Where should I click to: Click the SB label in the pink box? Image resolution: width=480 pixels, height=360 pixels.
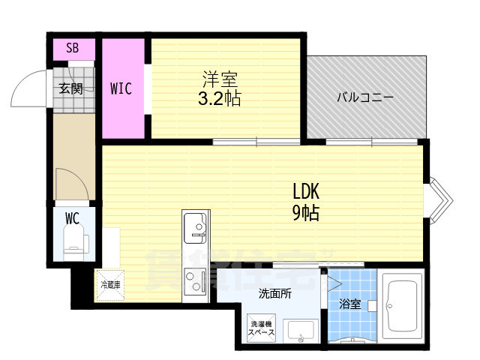(x=72, y=49)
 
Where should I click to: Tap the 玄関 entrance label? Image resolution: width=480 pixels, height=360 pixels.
(x=71, y=88)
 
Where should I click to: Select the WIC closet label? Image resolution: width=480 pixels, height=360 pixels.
(x=121, y=88)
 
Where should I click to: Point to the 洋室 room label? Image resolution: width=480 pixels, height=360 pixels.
(x=220, y=78)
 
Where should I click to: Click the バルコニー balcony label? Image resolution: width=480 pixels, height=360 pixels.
(x=365, y=97)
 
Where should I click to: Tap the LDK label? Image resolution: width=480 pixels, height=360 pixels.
(x=305, y=192)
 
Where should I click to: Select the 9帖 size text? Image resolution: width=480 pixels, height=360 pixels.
(x=305, y=213)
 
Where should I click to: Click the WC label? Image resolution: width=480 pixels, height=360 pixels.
(x=72, y=219)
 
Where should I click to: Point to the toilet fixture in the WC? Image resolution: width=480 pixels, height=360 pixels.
(x=77, y=241)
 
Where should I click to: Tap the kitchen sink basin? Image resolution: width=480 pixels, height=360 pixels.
(x=196, y=226)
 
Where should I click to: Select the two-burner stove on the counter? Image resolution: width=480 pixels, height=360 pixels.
(x=196, y=283)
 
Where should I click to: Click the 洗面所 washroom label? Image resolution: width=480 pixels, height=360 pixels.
(x=275, y=294)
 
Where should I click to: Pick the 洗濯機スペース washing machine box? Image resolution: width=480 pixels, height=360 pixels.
(x=262, y=328)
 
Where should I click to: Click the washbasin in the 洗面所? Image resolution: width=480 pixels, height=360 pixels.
(x=302, y=329)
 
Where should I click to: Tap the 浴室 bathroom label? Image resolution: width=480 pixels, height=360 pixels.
(x=350, y=304)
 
